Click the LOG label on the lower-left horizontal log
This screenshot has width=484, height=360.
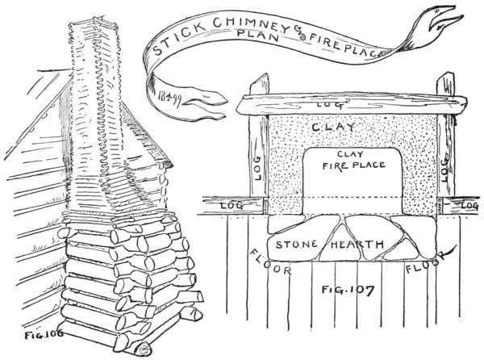coord(234,207)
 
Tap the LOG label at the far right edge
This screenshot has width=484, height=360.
coord(469,206)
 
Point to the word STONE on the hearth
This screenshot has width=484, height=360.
coord(298,244)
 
